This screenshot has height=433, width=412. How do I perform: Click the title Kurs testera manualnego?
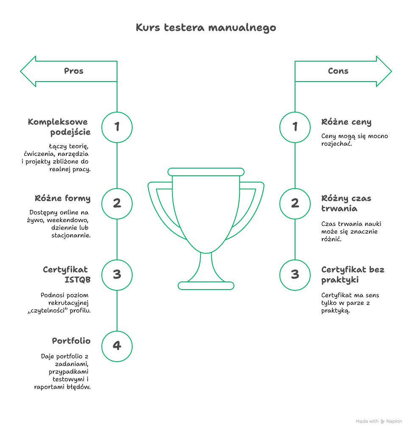point(206,28)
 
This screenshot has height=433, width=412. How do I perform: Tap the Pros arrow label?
point(74,71)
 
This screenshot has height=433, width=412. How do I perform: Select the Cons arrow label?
point(338,71)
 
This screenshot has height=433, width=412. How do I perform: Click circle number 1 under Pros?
point(117,127)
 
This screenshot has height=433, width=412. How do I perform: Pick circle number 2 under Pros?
point(117,203)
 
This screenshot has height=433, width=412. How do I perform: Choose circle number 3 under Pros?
point(117,275)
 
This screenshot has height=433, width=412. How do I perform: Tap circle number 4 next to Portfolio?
point(117,346)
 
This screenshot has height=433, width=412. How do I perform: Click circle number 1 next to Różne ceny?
point(295,127)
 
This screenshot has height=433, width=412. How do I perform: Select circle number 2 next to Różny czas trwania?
point(295,203)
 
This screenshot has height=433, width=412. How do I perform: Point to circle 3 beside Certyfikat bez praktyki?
point(295,275)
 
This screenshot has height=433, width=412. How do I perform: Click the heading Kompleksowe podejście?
point(59,127)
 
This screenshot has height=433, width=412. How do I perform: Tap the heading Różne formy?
point(63,198)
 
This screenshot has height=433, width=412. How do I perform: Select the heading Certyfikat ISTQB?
point(67,274)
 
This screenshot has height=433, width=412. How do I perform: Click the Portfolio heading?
point(71,341)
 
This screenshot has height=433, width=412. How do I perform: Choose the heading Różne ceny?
point(346,122)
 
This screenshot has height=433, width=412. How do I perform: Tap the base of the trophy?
point(206,286)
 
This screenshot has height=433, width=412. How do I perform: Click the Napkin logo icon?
point(383,422)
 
